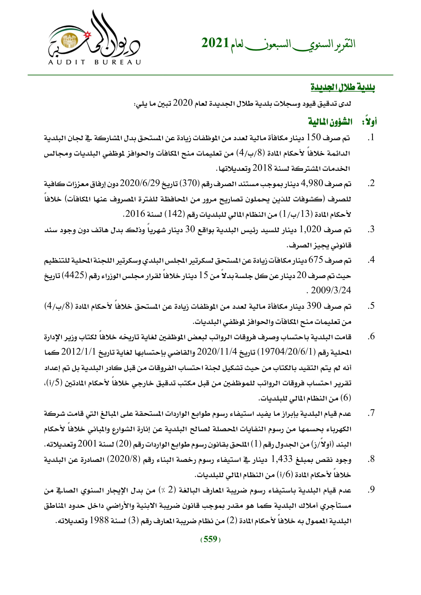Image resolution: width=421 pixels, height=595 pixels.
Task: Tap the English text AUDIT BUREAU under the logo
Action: (x=94, y=62)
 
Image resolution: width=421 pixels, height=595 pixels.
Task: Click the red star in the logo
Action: (x=88, y=34)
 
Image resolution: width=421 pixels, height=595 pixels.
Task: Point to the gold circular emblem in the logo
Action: (x=68, y=41)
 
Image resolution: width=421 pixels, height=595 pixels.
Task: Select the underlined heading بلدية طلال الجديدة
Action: (x=343, y=87)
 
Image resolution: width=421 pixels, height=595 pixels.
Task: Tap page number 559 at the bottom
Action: (x=210, y=539)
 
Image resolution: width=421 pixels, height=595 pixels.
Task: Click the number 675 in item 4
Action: (x=316, y=260)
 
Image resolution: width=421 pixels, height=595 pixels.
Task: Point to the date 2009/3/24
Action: (x=331, y=290)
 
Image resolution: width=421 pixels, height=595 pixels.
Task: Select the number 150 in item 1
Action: (x=314, y=137)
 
